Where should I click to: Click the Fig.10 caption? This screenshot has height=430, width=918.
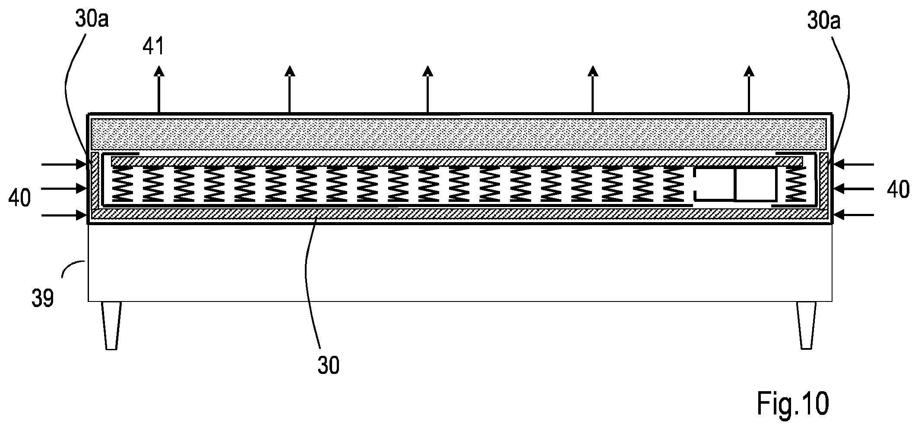point(793,403)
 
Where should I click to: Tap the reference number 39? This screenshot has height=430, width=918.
point(43,298)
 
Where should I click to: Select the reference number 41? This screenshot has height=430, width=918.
point(154,46)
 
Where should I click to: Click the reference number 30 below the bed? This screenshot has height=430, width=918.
point(329,365)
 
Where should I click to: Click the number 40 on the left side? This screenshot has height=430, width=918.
point(19,199)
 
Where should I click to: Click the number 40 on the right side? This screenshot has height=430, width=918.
point(898,190)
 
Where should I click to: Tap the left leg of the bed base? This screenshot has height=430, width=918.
point(111,325)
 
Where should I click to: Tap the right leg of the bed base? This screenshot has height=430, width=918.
point(806,325)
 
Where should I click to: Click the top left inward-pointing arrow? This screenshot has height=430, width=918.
point(65,164)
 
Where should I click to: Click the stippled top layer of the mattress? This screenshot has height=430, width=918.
point(459,134)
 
